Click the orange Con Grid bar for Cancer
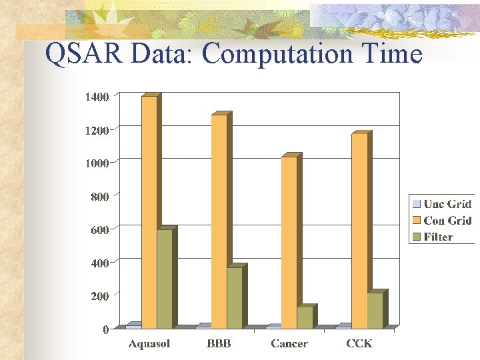tap(289, 243)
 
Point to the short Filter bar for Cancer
tap(305, 317)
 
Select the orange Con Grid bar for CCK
tap(359, 231)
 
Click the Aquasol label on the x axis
tap(149, 343)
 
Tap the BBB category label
tap(219, 343)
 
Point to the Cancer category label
tap(289, 343)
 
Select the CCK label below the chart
tap(359, 343)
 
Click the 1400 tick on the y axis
tap(97, 97)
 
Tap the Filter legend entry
tap(437, 237)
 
